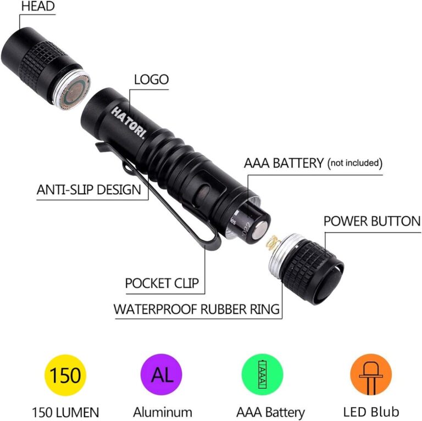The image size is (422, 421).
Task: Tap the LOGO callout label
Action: point(152,79)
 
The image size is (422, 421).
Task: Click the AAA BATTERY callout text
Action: point(284,163)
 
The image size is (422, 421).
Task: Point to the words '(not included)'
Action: point(354,163)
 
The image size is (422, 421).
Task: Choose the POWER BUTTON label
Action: point(371,221)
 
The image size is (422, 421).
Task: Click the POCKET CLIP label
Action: point(162,283)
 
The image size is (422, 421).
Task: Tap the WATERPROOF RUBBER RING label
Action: point(197,308)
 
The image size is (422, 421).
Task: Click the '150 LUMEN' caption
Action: point(65,411)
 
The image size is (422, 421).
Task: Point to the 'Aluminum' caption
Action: point(163,411)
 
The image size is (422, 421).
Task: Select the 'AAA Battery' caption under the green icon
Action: point(270,411)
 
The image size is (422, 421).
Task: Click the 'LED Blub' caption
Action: point(371,411)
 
